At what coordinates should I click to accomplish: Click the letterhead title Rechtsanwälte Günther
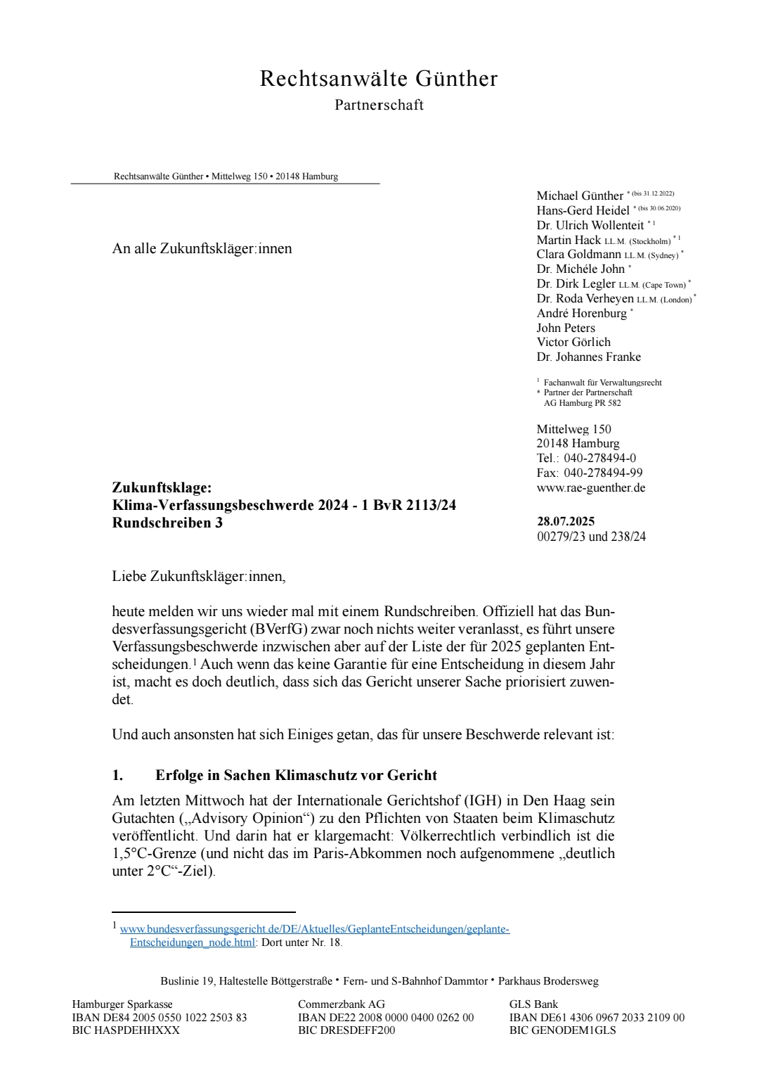tap(379, 78)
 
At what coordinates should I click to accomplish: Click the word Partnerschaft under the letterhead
tap(379, 105)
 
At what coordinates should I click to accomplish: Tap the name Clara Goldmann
tap(578, 254)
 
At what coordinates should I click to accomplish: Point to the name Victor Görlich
tap(573, 342)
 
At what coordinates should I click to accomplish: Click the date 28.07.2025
tap(566, 521)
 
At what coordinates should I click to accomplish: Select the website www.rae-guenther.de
tap(590, 487)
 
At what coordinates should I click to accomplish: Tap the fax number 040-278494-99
tap(603, 473)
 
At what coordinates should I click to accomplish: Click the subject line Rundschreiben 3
tap(167, 523)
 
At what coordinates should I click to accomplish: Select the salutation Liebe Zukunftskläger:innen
tap(199, 576)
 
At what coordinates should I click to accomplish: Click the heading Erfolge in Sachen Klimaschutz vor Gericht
tap(296, 775)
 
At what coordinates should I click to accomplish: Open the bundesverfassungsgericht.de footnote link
tap(314, 929)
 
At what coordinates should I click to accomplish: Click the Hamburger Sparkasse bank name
tap(122, 1004)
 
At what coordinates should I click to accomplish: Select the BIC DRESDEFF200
tap(346, 1030)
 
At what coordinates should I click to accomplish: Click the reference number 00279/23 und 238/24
tap(591, 537)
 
